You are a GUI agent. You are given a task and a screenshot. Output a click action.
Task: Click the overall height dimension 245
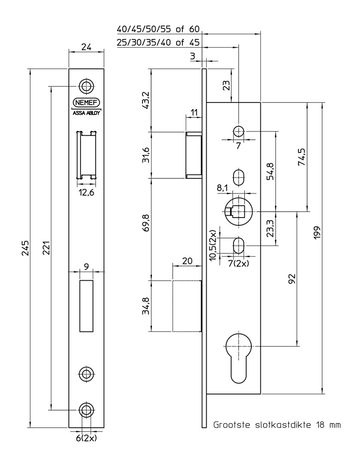point(25,248)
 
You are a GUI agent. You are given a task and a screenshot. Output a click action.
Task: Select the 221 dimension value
point(46,248)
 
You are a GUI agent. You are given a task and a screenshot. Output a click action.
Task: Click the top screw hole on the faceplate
point(86,86)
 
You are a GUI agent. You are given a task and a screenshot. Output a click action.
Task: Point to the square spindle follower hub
point(237,212)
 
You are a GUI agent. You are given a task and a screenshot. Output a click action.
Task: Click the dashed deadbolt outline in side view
point(187,306)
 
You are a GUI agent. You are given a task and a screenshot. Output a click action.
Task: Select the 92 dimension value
point(292,279)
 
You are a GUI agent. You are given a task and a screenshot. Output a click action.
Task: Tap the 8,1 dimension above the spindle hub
point(222,187)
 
